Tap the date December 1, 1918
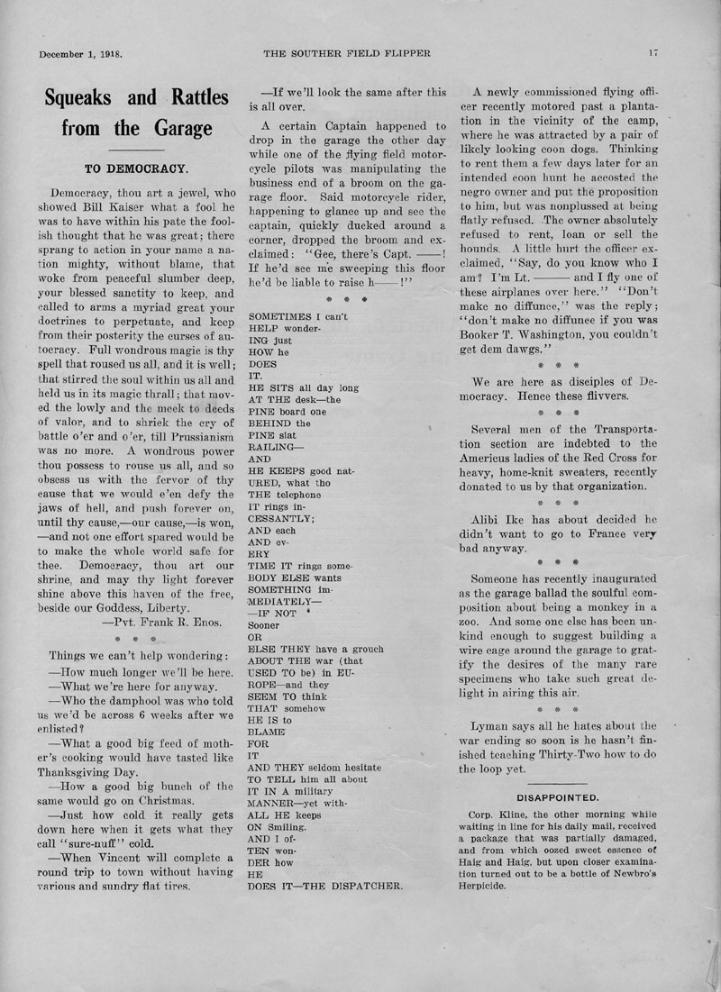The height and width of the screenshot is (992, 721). (x=80, y=53)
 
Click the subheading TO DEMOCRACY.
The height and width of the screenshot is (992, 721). (x=136, y=168)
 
